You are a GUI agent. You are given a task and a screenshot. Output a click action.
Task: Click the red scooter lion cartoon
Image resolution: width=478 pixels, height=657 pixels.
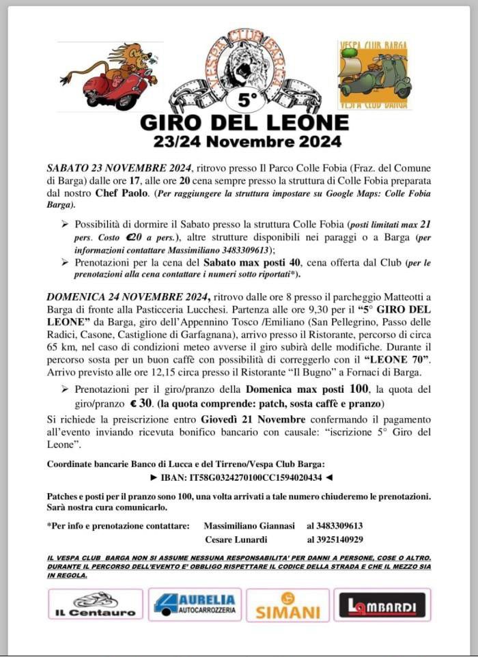click(x=109, y=76)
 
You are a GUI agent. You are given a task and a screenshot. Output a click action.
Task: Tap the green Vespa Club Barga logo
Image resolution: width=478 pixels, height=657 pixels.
click(x=373, y=75)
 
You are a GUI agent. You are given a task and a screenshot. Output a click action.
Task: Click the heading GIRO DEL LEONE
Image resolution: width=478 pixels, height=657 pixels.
click(x=244, y=122)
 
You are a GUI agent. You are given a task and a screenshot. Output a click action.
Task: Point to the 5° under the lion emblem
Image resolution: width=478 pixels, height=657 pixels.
click(x=247, y=100)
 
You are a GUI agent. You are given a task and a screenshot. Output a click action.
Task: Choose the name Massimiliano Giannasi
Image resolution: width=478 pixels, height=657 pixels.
click(x=249, y=526)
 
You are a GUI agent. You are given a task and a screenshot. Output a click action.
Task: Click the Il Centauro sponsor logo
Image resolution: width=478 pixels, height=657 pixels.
click(x=96, y=604)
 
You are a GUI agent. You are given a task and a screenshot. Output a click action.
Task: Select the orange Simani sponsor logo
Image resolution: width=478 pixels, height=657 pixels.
click(x=287, y=605)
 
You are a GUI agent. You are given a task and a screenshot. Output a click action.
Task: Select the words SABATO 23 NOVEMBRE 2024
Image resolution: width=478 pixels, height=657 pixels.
click(x=119, y=167)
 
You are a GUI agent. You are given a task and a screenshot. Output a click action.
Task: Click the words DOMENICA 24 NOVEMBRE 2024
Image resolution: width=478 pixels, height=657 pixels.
click(x=128, y=295)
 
